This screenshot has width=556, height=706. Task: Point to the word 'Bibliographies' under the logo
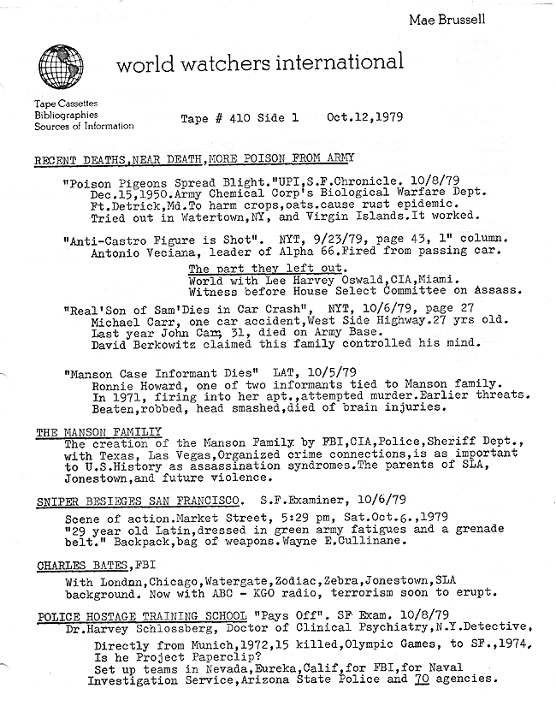click(x=67, y=115)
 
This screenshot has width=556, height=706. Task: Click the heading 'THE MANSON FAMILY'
click(x=98, y=433)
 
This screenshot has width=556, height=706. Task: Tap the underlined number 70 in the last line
click(x=419, y=679)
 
